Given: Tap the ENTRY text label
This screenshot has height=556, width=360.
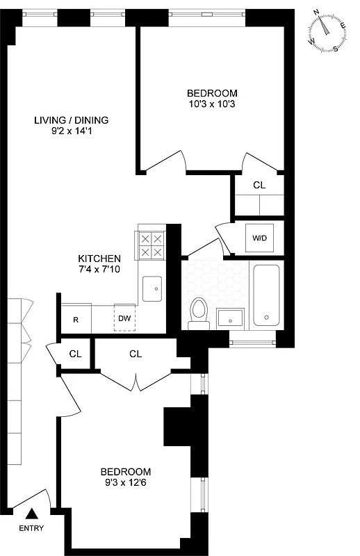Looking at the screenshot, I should click(x=31, y=528).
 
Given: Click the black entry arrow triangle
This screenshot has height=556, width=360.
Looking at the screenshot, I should click(x=31, y=514).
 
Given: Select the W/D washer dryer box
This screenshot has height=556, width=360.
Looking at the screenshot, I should click(x=259, y=238).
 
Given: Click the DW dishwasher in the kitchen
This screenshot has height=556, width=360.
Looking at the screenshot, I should click(x=124, y=318).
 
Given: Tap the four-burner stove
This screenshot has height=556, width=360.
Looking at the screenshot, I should click(x=152, y=245).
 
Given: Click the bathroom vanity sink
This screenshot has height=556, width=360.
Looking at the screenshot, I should click(x=231, y=318).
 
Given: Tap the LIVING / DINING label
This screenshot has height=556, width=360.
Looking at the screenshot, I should click(x=72, y=120).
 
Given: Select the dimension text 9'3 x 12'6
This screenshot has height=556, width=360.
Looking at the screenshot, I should click(x=126, y=482).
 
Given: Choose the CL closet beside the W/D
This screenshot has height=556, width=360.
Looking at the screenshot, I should click(x=259, y=186).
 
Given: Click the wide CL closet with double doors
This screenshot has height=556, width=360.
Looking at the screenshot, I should click(x=136, y=354).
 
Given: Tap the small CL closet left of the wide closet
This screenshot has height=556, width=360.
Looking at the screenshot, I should click(x=75, y=354).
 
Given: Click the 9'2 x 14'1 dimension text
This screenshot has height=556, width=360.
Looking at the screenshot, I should click(x=72, y=131).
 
